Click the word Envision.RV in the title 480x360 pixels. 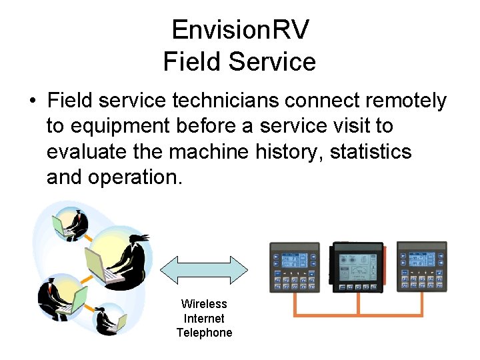click(240, 30)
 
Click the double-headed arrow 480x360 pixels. click(204, 271)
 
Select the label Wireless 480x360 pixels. click(204, 304)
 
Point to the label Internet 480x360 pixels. click(204, 319)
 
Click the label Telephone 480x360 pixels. click(204, 333)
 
